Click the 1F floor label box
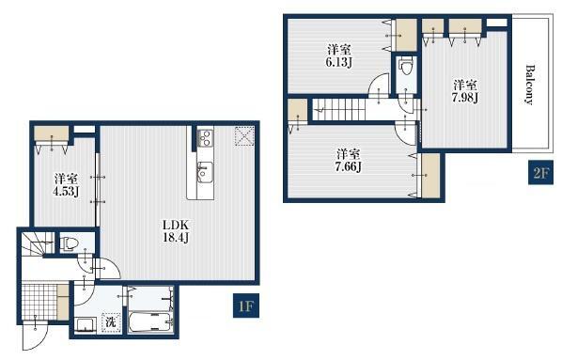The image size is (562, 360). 246,305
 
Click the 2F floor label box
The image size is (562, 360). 540,173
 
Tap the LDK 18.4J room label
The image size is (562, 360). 176,231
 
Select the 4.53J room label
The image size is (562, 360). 66,185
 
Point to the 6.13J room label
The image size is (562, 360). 338,56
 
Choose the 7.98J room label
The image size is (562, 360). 465,91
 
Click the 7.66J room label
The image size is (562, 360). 348,161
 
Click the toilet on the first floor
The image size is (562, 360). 69,243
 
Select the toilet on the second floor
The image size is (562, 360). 406,66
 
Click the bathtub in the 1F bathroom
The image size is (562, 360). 150,322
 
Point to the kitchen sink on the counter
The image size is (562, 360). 205,171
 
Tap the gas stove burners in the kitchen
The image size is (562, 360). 206,138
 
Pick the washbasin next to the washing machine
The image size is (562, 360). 86,325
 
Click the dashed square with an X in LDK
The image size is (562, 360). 244,136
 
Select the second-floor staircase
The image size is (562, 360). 339,109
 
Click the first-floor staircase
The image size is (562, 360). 38,244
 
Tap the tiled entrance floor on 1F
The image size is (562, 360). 39,301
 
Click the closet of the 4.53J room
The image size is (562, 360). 52,133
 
